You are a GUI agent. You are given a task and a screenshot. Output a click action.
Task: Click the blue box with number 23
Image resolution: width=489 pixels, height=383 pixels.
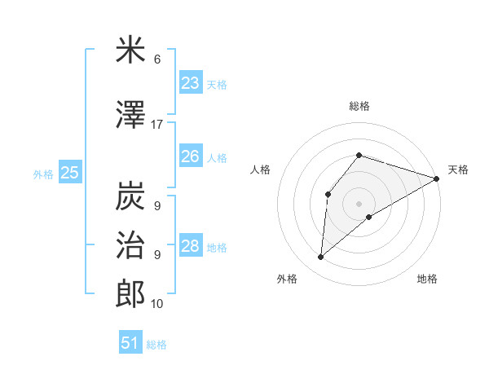pyautogui.click(x=191, y=83)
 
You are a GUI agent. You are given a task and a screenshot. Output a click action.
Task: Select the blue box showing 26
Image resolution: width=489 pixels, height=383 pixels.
pyautogui.click(x=191, y=156)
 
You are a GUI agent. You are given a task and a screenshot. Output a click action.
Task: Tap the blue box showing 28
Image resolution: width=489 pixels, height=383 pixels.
pyautogui.click(x=191, y=246)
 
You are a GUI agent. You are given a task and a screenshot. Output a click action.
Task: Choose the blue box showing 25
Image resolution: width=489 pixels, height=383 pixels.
pyautogui.click(x=70, y=172)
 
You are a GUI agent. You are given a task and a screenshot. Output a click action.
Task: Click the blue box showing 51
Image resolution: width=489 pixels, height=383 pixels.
pyautogui.click(x=130, y=343)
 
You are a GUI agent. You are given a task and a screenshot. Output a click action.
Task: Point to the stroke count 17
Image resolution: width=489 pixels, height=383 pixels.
pyautogui.click(x=157, y=125)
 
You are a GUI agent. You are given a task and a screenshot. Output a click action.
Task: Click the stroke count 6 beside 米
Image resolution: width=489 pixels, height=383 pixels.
pyautogui.click(x=157, y=59)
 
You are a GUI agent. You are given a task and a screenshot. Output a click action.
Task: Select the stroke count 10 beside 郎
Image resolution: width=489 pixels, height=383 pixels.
pyautogui.click(x=157, y=304)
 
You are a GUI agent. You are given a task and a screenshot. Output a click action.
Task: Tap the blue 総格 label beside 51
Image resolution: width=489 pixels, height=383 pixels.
pyautogui.click(x=156, y=345)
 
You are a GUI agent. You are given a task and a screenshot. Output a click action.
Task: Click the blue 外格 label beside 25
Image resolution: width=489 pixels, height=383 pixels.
pyautogui.click(x=43, y=174)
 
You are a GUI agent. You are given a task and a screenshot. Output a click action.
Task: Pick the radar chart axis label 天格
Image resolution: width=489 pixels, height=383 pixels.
pyautogui.click(x=458, y=169)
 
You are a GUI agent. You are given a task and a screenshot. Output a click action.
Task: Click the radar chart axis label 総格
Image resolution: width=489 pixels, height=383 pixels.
pyautogui.click(x=359, y=106)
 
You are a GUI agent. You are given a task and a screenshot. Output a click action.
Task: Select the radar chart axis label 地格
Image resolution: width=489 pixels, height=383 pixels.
pyautogui.click(x=427, y=279)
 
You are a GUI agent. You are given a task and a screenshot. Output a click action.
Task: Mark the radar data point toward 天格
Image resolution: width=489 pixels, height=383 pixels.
pyautogui.click(x=437, y=178)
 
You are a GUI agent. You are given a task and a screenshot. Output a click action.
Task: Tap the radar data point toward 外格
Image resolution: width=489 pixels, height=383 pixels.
pyautogui.click(x=321, y=258)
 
